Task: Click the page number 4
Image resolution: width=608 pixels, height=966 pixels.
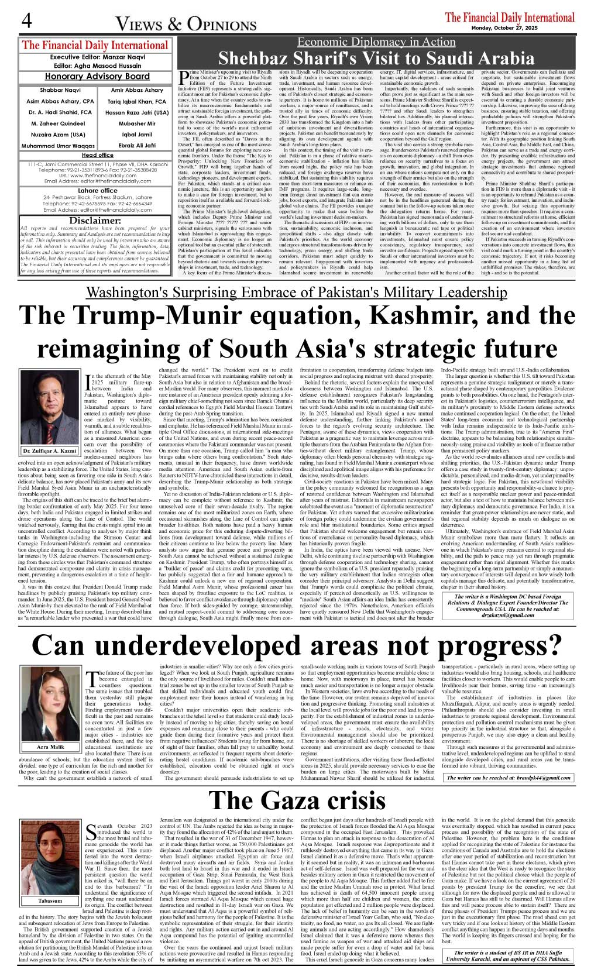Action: click(26, 22)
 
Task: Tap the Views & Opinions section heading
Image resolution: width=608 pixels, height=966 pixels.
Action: click(186, 24)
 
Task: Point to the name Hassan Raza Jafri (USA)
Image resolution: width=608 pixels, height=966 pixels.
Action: click(137, 112)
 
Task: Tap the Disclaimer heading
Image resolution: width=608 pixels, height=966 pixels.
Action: click(95, 221)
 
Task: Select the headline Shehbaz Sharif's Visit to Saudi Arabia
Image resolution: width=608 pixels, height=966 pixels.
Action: click(376, 58)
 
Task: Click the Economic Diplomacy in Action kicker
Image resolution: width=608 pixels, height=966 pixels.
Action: click(376, 42)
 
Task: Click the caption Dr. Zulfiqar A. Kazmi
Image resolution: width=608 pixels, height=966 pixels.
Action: click(50, 451)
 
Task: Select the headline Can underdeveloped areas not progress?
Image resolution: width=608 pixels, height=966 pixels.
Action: click(297, 645)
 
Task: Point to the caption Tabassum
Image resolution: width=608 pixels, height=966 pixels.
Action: click(50, 900)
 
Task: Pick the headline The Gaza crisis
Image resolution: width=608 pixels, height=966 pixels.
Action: click(297, 800)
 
